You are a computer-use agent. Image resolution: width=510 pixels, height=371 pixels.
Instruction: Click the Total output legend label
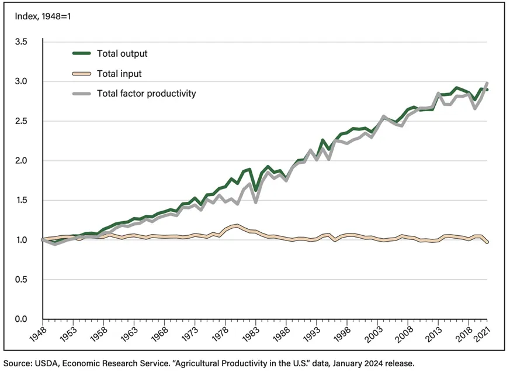pyautogui.click(x=122, y=53)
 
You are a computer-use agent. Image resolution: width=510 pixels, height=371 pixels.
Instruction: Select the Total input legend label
pyautogui.click(x=119, y=74)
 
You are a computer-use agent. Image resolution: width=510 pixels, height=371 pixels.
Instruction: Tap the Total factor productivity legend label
pyautogui.click(x=147, y=94)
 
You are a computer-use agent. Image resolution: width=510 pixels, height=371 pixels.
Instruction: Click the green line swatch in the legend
pyautogui.click(x=81, y=53)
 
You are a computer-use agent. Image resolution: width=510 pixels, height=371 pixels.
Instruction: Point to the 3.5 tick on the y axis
pyautogui.click(x=21, y=42)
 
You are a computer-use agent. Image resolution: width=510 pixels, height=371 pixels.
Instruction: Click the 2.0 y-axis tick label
pyautogui.click(x=21, y=160)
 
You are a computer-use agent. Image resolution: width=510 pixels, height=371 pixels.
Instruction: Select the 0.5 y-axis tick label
pyautogui.click(x=21, y=280)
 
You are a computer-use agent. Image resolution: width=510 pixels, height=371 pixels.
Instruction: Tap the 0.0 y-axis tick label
pyautogui.click(x=21, y=319)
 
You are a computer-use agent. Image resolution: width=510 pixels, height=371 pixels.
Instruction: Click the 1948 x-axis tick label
pyautogui.click(x=38, y=334)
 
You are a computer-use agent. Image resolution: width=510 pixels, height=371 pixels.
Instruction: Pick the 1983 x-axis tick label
pyautogui.click(x=251, y=334)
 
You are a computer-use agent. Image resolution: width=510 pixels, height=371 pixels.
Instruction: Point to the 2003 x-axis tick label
pyautogui.click(x=373, y=334)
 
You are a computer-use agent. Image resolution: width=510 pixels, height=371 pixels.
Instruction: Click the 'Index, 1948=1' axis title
pyautogui.click(x=43, y=16)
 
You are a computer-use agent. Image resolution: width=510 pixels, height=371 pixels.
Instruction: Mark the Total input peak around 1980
pyautogui.click(x=238, y=225)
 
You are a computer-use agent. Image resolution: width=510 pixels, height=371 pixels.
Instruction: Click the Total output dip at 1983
pyautogui.click(x=256, y=190)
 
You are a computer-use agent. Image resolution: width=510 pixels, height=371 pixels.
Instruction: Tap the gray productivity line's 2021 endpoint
pyautogui.click(x=487, y=83)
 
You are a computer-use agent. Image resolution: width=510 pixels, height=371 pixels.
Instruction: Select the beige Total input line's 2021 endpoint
pyautogui.click(x=487, y=242)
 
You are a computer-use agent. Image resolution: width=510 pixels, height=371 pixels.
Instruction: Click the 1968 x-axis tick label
pyautogui.click(x=159, y=334)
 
